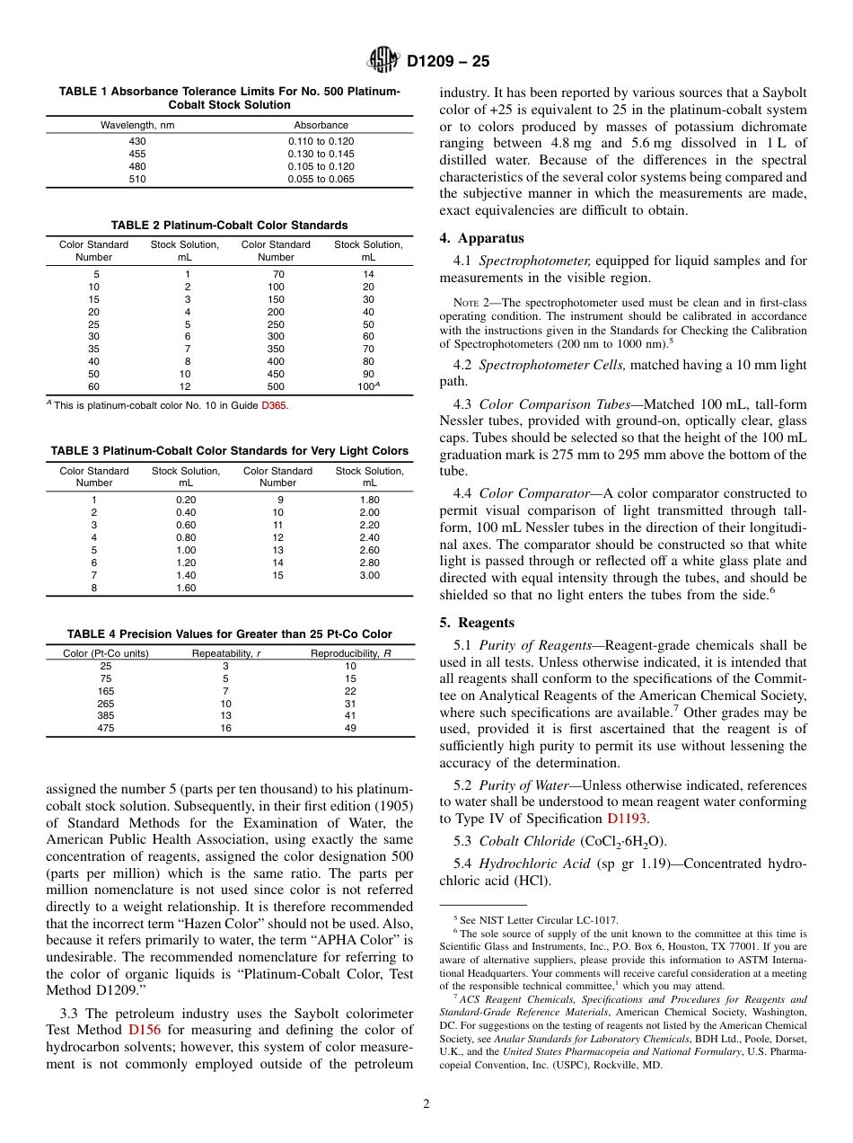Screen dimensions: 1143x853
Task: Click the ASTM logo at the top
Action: tap(384, 61)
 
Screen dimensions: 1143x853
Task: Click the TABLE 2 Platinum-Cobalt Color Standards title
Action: tap(229, 226)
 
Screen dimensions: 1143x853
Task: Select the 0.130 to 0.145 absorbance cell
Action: tap(321, 154)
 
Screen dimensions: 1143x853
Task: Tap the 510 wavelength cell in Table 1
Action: tap(137, 179)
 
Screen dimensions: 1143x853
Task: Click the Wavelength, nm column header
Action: tap(137, 125)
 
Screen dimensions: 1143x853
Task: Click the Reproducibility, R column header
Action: tap(350, 653)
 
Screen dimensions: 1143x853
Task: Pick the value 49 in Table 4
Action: tap(350, 729)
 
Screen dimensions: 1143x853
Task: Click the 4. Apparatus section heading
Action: tap(481, 238)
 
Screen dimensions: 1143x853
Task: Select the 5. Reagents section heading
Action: tap(477, 623)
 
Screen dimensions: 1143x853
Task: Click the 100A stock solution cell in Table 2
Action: tap(369, 386)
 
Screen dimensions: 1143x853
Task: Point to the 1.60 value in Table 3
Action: tap(186, 588)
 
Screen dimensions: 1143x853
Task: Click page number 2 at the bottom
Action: tap(426, 1104)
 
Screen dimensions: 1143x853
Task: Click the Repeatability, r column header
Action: tap(227, 653)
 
